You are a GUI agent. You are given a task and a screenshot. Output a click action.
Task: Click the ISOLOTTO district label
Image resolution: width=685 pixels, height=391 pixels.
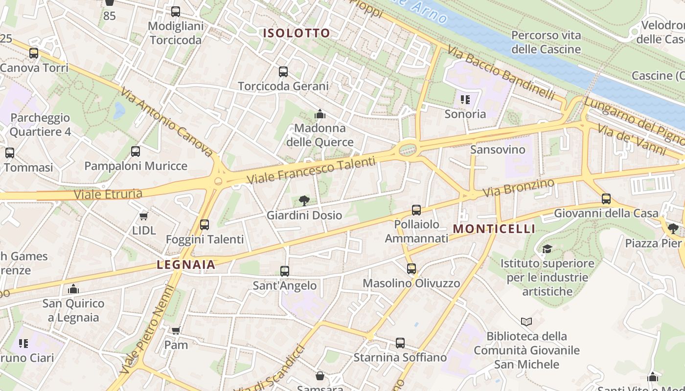point(297,33)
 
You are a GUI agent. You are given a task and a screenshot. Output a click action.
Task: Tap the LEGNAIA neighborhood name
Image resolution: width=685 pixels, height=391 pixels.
point(186,265)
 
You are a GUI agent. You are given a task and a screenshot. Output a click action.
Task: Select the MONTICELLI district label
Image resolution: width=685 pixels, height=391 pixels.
point(494,229)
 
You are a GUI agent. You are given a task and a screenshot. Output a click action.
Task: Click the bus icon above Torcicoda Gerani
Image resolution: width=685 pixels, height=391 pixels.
point(283,72)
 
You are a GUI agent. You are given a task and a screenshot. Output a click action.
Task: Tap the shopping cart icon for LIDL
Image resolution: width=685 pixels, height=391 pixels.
point(143,216)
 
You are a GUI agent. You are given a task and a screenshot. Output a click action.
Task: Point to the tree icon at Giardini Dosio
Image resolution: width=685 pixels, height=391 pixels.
point(304,200)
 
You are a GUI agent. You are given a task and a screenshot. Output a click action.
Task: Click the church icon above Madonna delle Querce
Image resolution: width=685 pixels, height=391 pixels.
point(320,114)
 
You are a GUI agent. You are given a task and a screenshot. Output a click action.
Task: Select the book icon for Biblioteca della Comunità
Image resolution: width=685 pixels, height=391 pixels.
point(526,322)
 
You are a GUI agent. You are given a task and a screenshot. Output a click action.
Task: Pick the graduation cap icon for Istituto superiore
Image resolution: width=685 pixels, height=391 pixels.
point(547,249)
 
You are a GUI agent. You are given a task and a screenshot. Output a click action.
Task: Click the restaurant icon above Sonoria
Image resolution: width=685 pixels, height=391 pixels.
point(465,100)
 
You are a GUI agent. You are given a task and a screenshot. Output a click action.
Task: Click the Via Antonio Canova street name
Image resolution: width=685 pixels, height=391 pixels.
point(166,122)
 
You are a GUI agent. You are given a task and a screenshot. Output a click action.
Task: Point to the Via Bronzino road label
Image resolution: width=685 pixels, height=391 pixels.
point(519,188)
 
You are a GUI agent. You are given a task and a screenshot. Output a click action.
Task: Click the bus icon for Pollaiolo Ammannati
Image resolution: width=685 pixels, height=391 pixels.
point(416,210)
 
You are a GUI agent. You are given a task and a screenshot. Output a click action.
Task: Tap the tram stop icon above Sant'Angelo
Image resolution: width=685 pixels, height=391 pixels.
point(284,271)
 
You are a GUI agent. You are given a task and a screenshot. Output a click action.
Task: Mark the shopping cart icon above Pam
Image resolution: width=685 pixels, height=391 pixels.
point(176,330)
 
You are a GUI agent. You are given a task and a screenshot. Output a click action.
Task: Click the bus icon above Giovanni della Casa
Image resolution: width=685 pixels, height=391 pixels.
point(606,198)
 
